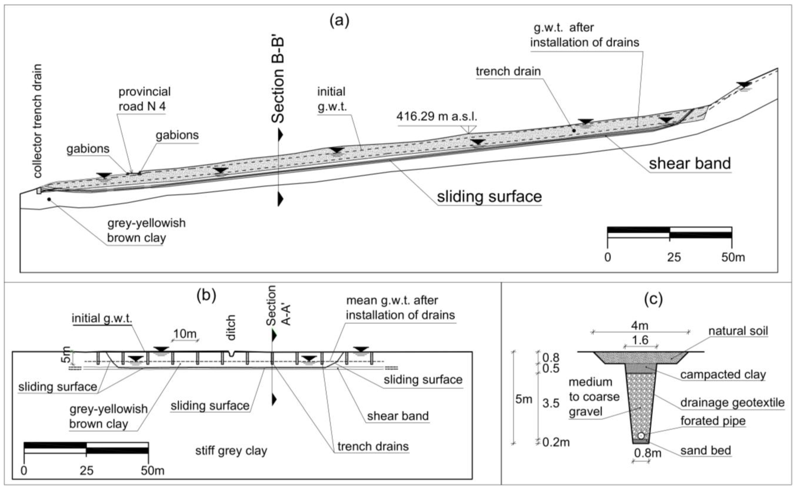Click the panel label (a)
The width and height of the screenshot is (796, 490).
click(x=339, y=21)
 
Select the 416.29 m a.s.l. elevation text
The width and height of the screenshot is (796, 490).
click(x=437, y=116)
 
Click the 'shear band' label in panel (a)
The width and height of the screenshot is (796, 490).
click(x=690, y=163)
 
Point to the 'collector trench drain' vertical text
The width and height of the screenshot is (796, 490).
click(x=38, y=121)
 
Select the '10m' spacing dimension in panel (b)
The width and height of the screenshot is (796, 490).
click(x=185, y=333)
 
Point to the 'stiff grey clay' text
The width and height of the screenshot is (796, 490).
click(x=231, y=451)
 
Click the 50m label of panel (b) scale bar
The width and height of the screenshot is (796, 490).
click(x=152, y=471)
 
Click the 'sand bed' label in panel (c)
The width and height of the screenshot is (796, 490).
click(x=705, y=450)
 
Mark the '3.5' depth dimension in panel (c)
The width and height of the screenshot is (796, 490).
click(x=551, y=404)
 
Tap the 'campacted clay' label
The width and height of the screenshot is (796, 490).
click(x=723, y=375)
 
